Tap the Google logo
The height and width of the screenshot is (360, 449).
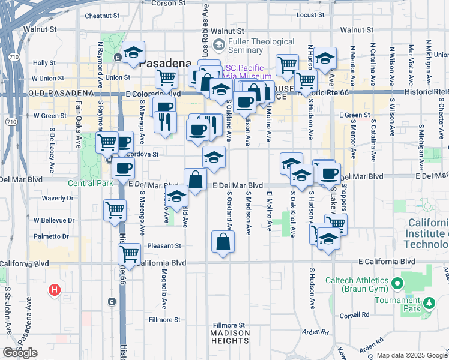tap(20, 353)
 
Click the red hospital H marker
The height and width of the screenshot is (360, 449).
tap(55, 291)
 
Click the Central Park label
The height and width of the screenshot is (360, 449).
tap(89, 183)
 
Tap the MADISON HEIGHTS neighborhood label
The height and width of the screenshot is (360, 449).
tap(230, 337)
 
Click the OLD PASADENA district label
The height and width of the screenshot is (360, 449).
tap(61, 94)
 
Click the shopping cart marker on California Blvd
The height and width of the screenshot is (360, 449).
tap(129, 253)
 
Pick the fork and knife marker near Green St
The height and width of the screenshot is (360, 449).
tap(164, 122)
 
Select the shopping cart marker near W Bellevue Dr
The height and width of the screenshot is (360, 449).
tap(115, 210)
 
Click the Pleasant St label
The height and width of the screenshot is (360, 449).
tap(164, 246)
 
